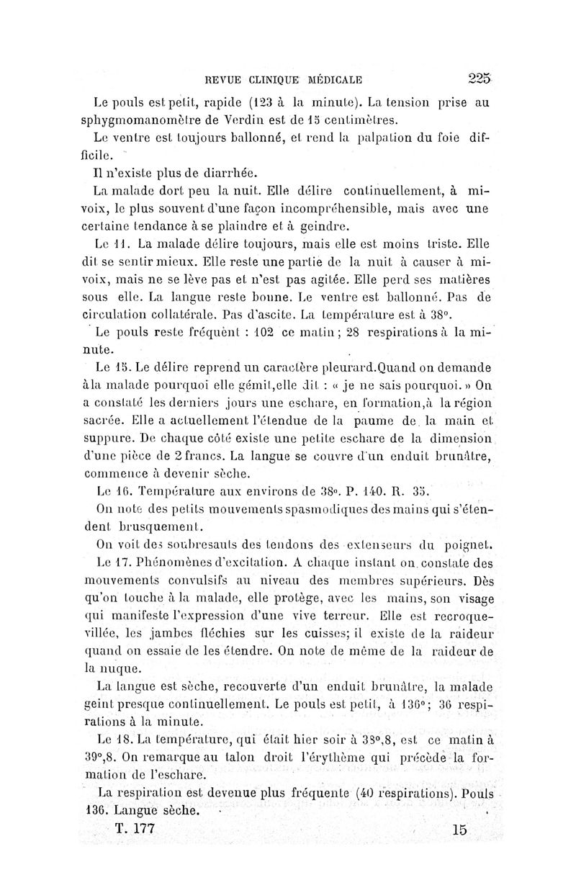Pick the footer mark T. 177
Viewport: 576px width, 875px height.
click(134, 829)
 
